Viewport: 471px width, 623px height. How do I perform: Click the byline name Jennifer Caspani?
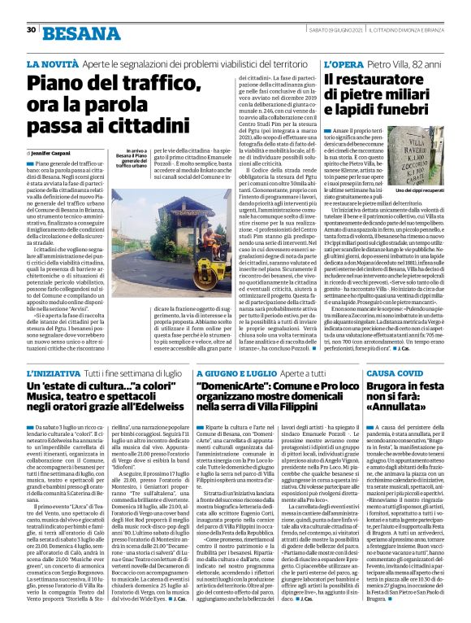pyautogui.click(x=51, y=152)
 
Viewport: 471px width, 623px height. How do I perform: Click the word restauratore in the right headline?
pyautogui.click(x=385, y=79)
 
